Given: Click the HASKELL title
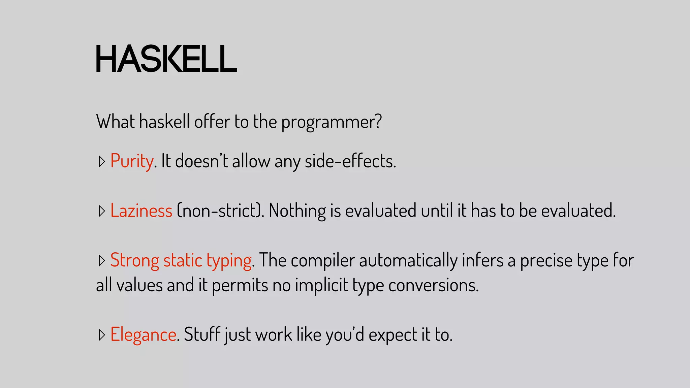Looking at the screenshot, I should pos(166,59).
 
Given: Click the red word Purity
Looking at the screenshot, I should pos(132,161).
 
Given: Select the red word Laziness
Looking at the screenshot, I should pos(141,211).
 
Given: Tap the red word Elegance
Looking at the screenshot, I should pos(143,335).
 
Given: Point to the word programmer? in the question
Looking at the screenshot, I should pos(332,122).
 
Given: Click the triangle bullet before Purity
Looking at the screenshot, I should pos(102,162).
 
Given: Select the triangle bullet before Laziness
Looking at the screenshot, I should pos(102,211).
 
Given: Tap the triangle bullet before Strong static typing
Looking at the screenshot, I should pos(102,261).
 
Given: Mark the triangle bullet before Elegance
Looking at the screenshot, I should pos(102,335).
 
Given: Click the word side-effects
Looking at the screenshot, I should pos(350,161).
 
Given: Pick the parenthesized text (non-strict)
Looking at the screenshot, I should pos(220,211).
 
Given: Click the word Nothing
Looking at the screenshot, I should pos(297,211).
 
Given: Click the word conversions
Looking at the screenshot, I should pos(433,285).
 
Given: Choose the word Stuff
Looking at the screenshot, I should pos(202,335).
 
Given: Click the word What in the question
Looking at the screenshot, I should pos(115,122).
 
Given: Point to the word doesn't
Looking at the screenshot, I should pos(201,161).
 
